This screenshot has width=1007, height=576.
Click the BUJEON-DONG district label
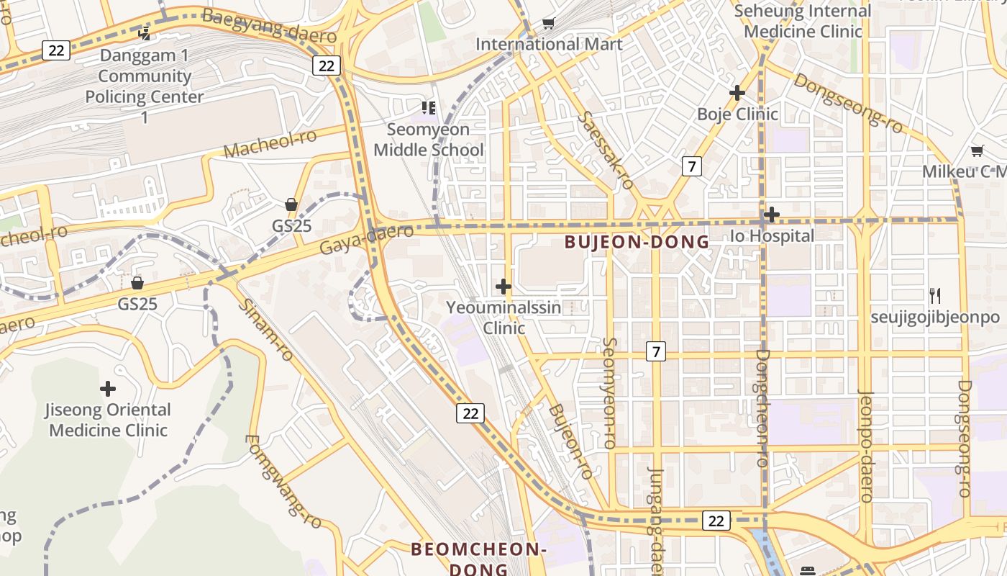point(637,242)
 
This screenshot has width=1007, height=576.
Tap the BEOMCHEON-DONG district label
point(478,559)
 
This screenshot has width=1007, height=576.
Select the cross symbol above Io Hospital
point(772,215)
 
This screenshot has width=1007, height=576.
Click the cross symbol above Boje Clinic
point(737,93)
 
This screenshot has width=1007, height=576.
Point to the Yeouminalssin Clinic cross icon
point(503,287)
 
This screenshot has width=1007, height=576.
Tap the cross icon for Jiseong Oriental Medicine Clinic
point(108,390)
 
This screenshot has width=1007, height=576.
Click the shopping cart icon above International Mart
point(549,24)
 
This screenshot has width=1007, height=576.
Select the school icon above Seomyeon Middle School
point(429,108)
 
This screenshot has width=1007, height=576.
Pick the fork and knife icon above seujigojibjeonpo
point(935,295)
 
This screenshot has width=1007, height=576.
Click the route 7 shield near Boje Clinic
point(691,167)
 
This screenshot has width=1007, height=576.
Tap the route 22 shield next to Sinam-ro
point(470,413)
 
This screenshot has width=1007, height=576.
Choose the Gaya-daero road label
point(366,239)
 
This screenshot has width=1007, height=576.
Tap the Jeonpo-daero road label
point(865,446)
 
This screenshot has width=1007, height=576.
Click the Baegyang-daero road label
point(269,25)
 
